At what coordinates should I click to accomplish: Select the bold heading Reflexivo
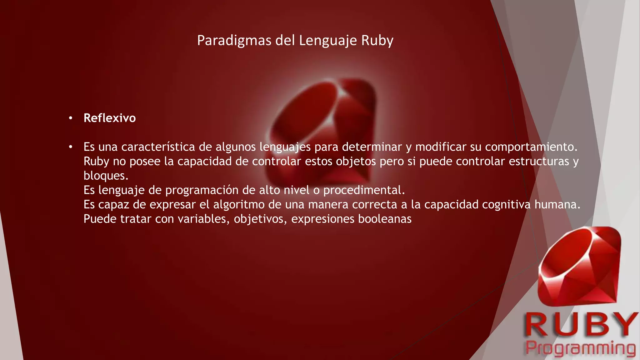click(110, 118)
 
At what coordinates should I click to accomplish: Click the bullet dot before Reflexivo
click(71, 118)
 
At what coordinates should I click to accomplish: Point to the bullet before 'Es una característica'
click(71, 147)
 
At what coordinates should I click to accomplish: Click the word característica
click(158, 147)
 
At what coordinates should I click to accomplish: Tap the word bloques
click(106, 176)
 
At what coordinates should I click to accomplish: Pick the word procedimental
click(364, 190)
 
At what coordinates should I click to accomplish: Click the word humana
click(557, 204)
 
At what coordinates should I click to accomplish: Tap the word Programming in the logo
click(580, 348)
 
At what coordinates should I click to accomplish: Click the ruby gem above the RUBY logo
click(579, 266)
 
